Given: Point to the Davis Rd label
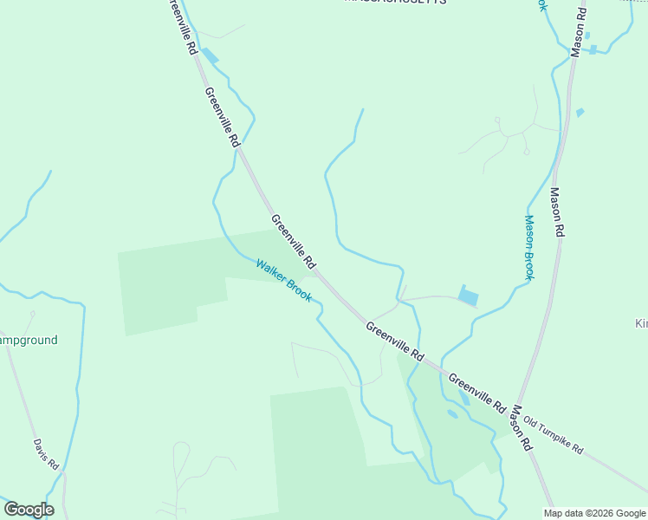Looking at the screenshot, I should click(x=46, y=454).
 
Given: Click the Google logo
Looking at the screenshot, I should click(x=29, y=509).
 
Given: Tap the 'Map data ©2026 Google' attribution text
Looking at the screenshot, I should click(x=594, y=513).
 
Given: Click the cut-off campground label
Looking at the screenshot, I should click(x=28, y=340).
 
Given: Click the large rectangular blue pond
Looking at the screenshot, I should click(x=467, y=296).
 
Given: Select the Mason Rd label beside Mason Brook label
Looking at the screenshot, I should click(x=557, y=213).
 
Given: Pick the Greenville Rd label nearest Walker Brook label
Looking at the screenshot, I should click(x=294, y=241).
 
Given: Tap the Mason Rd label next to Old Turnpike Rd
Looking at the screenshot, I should click(x=521, y=428).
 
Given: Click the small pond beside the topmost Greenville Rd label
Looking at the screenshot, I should click(x=211, y=55).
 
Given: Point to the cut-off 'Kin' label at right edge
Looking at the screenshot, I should click(x=641, y=323).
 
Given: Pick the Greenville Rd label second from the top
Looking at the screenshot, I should click(x=222, y=114).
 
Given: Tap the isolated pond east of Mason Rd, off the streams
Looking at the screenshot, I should click(x=580, y=113).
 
